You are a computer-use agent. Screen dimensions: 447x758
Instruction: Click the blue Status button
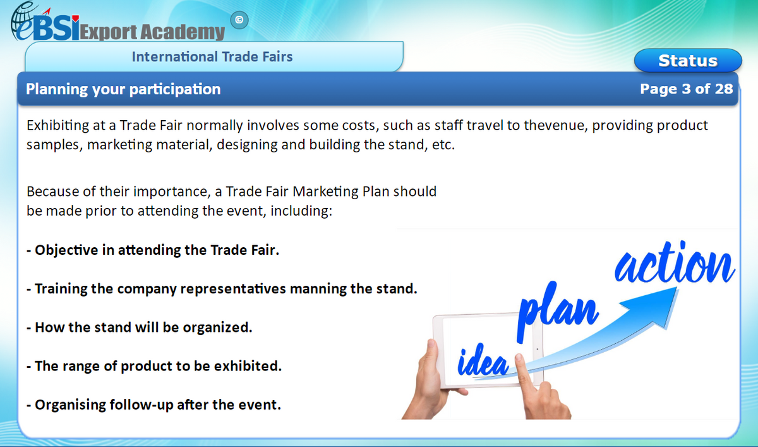[x=687, y=61]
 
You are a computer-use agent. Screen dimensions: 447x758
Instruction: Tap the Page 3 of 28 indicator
[x=686, y=89]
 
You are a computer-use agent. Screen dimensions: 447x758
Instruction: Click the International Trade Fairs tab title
[x=212, y=57]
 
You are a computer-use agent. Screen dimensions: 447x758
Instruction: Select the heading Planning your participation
[x=123, y=89]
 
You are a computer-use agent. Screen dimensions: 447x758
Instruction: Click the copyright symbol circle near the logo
[x=238, y=20]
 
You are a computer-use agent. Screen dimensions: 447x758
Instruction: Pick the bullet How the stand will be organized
[x=140, y=328]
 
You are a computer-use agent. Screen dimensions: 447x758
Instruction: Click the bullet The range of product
[x=154, y=366]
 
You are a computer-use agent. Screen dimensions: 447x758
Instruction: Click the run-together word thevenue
[x=558, y=125]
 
